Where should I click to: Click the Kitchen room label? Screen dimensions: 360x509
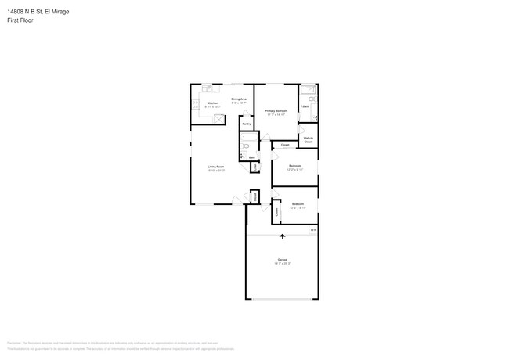pyautogui.click(x=211, y=103)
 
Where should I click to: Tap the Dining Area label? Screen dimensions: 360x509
pyautogui.click(x=239, y=99)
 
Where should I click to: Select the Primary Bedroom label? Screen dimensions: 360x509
pyautogui.click(x=276, y=111)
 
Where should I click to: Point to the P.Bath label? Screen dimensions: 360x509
pyautogui.click(x=304, y=107)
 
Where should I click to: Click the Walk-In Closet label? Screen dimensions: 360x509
pyautogui.click(x=309, y=140)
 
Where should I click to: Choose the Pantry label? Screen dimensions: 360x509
pyautogui.click(x=246, y=124)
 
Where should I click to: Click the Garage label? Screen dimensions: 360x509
pyautogui.click(x=281, y=259)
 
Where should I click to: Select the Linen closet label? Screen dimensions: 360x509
pyautogui.click(x=256, y=166)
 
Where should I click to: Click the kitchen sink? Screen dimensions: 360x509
pyautogui.click(x=207, y=88)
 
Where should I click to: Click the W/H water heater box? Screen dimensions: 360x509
pyautogui.click(x=312, y=230)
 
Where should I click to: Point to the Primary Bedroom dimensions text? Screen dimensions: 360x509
pyautogui.click(x=276, y=115)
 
